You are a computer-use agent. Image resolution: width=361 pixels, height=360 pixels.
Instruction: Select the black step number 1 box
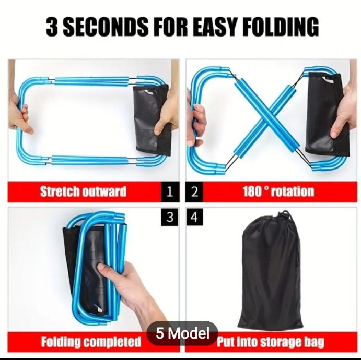[170, 191]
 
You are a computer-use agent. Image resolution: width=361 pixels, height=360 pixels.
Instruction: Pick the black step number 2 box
[194, 191]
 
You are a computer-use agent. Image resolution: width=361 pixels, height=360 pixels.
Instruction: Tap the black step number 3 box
[170, 217]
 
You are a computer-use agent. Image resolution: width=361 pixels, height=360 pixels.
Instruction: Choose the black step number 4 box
[194, 217]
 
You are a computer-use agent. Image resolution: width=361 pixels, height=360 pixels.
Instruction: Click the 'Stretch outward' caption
[84, 191]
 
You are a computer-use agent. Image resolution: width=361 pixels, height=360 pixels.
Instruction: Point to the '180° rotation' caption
[278, 191]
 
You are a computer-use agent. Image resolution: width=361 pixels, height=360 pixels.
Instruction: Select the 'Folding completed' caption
[91, 342]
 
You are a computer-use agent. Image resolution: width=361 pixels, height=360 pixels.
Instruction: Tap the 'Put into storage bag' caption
[271, 342]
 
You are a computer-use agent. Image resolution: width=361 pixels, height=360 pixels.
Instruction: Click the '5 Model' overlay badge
[182, 333]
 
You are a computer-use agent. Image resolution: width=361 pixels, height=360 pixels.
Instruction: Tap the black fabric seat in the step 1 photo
[152, 119]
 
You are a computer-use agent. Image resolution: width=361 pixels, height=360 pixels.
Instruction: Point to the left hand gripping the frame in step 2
[196, 122]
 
